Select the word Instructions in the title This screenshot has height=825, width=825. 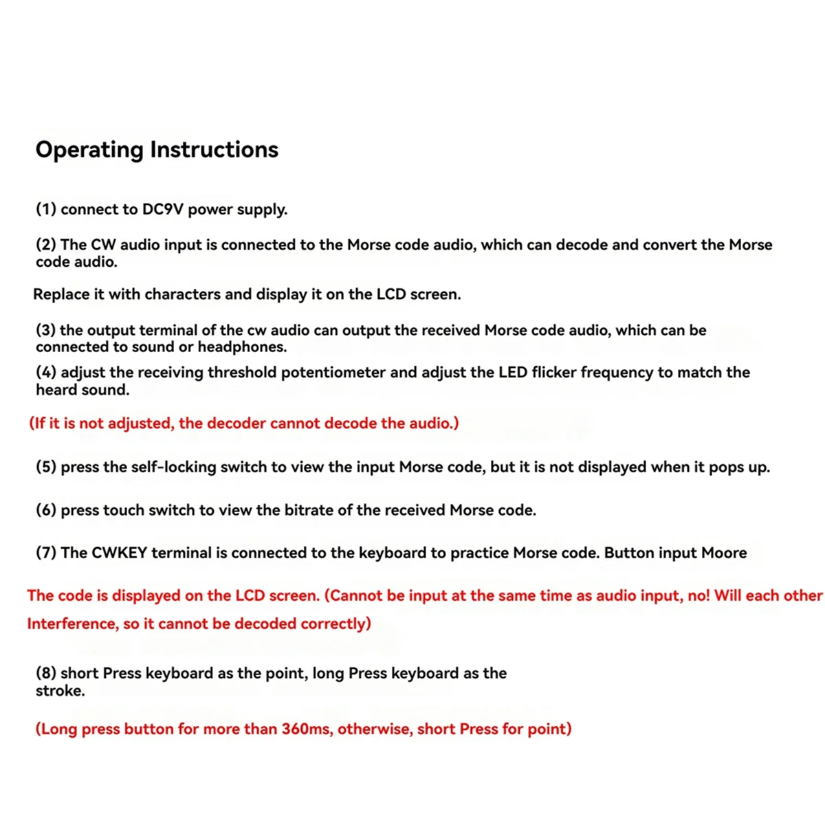pos(214,150)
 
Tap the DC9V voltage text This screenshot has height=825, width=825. pos(163,209)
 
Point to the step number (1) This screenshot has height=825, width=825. pos(46,209)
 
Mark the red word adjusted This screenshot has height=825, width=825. pos(142,423)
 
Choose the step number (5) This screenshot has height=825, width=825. pos(46,467)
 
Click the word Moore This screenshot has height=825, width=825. pos(723,553)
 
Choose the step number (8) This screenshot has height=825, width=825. pos(46,673)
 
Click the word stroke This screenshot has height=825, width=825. pos(60,691)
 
